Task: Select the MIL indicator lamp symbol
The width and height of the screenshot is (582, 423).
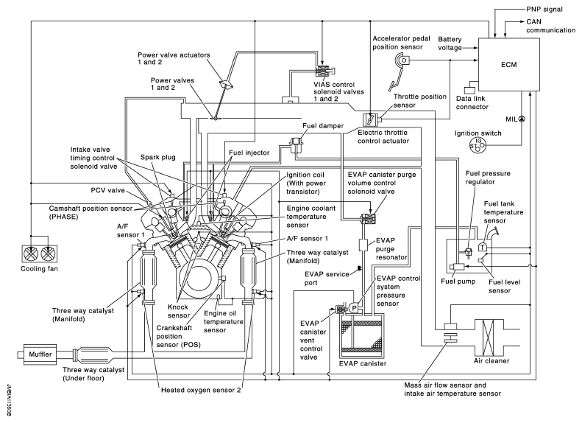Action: (521, 118)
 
